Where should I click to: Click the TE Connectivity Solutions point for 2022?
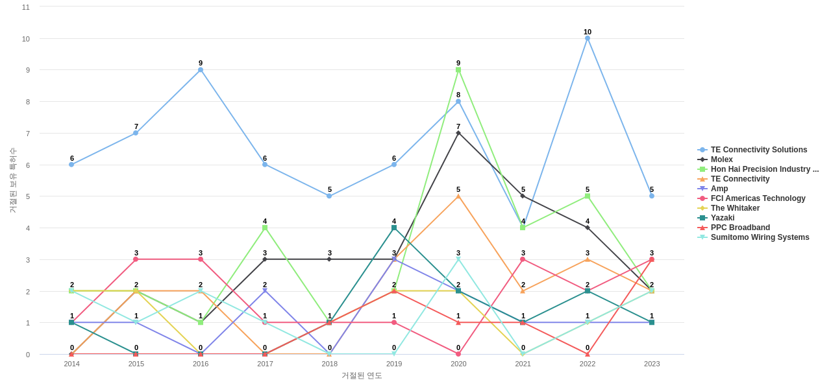click(588, 38)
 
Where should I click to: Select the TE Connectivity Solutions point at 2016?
click(201, 70)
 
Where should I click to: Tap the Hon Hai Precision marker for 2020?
click(458, 70)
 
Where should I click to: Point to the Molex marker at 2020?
click(458, 133)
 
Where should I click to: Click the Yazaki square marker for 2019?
click(394, 228)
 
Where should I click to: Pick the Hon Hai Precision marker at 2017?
click(265, 228)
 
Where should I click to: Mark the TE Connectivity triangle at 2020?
click(458, 196)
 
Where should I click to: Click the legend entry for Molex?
click(721, 159)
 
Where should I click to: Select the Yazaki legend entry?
click(723, 218)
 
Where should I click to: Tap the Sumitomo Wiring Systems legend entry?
click(760, 237)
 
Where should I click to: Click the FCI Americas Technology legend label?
click(758, 198)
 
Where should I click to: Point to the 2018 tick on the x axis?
click(330, 364)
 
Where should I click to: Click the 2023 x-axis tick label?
click(652, 364)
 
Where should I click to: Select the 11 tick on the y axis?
click(26, 7)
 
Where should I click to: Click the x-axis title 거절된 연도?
click(362, 375)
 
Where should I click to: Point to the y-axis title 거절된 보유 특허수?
click(12, 180)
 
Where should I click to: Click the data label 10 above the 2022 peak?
click(588, 32)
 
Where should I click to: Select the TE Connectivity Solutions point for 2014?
click(71, 165)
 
